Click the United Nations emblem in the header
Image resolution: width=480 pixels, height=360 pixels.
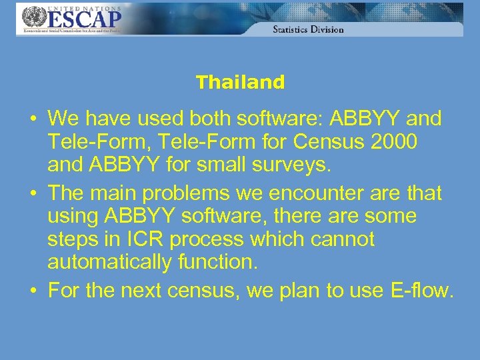tap(31, 16)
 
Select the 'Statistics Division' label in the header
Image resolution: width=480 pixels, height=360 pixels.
tap(308, 29)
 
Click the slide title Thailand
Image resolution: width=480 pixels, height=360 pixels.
tap(240, 83)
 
